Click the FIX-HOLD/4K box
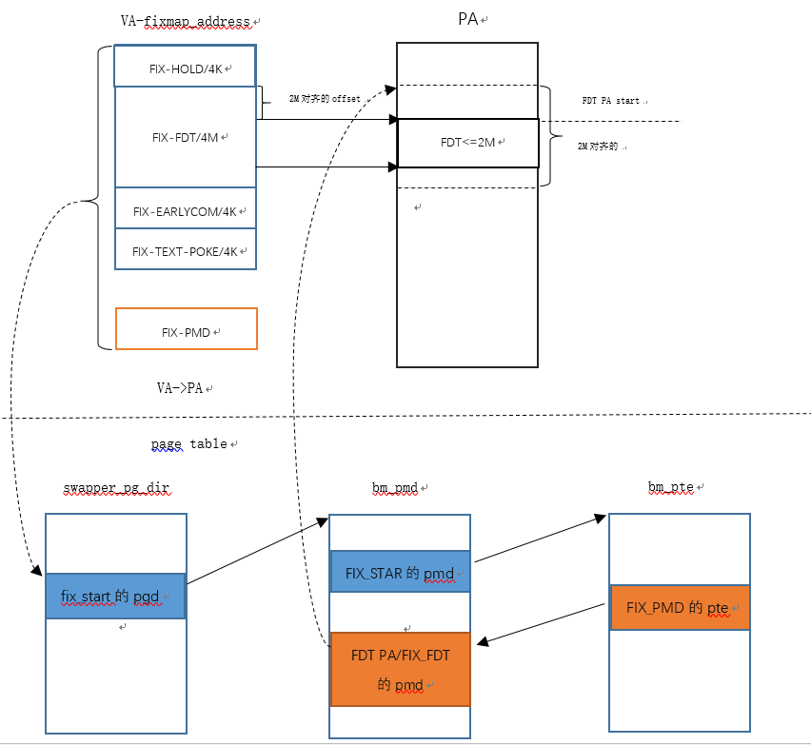[186, 68]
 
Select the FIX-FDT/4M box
[186, 137]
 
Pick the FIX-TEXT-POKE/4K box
[186, 250]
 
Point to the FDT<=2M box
[467, 142]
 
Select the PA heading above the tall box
[467, 19]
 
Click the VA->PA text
[181, 388]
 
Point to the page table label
[188, 443]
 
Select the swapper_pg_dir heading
[116, 487]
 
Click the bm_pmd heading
[395, 487]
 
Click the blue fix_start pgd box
[115, 597]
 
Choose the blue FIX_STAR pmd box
[399, 573]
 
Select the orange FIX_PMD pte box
[680, 607]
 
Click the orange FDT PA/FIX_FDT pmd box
[400, 669]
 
